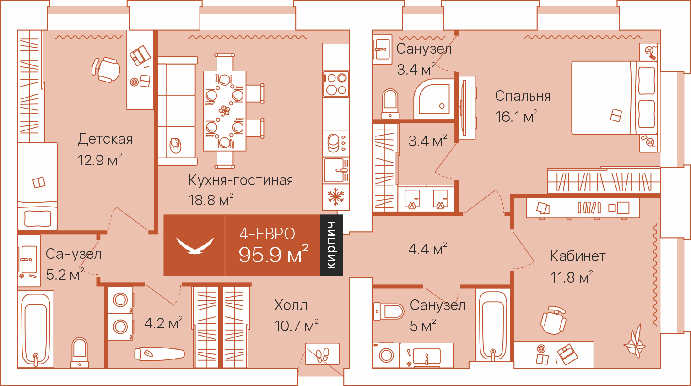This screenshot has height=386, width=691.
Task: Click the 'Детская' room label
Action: [x=105, y=139]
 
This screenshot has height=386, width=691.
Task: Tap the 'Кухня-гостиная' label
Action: [x=241, y=180]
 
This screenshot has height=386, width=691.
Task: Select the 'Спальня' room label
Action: [x=523, y=96]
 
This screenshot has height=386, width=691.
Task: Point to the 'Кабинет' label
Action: [x=578, y=256]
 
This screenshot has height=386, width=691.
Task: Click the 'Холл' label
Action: [x=291, y=305]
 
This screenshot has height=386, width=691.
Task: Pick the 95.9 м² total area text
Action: [x=273, y=254]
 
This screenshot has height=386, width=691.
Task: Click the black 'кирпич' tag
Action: [x=332, y=245]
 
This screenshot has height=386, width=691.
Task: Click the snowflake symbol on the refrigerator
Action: [x=335, y=196]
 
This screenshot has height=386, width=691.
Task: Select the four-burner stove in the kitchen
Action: [x=336, y=84]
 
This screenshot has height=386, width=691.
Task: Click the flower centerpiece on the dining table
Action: [x=224, y=110]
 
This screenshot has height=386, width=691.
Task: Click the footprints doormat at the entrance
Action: [x=322, y=354]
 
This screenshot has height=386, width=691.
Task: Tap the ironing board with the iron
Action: [x=160, y=353]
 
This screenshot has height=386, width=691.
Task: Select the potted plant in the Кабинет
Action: [x=635, y=342]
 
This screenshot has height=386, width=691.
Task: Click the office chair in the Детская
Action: [x=106, y=70]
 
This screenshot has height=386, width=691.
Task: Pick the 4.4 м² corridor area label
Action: [x=427, y=249]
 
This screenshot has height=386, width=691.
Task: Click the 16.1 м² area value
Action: [x=516, y=117]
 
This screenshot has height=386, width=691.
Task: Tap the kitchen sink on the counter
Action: [x=336, y=170]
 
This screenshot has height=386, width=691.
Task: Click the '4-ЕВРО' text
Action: [x=267, y=234]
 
